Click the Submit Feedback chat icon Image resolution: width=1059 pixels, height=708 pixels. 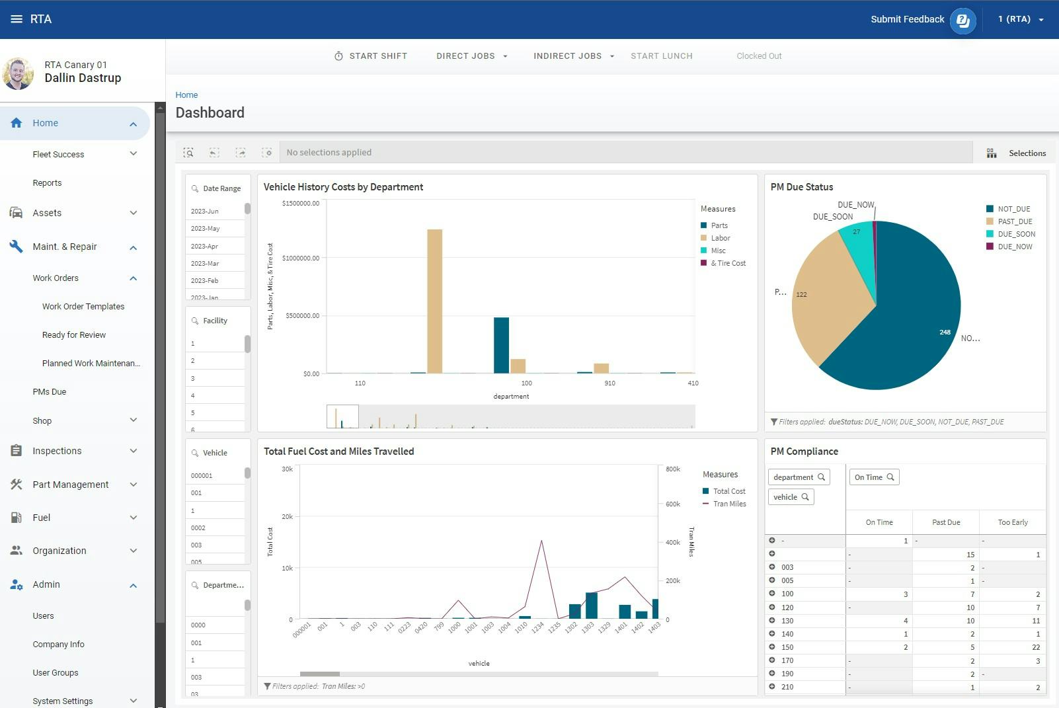pyautogui.click(x=962, y=20)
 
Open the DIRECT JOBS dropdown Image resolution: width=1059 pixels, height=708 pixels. pyautogui.click(x=471, y=56)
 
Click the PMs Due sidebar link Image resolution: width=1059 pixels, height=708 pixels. pyautogui.click(x=50, y=392)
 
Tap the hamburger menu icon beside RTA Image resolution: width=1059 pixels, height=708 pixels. pyautogui.click(x=17, y=19)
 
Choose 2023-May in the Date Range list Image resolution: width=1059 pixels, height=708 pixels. pyautogui.click(x=206, y=229)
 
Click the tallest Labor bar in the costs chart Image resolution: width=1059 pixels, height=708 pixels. pyautogui.click(x=434, y=301)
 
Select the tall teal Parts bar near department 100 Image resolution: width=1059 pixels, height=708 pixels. pyautogui.click(x=501, y=345)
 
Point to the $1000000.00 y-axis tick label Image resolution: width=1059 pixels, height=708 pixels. pyautogui.click(x=301, y=258)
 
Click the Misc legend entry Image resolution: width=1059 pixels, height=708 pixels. pyautogui.click(x=718, y=251)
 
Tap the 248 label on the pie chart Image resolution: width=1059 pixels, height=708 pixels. pyautogui.click(x=945, y=333)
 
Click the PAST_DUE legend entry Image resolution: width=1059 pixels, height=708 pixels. pyautogui.click(x=1015, y=221)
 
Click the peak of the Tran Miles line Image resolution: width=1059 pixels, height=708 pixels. pyautogui.click(x=541, y=541)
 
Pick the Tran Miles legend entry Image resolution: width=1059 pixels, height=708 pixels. pyautogui.click(x=729, y=504)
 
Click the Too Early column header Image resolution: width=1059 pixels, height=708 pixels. pyautogui.click(x=1012, y=522)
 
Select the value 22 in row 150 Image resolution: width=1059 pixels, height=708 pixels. pyautogui.click(x=1035, y=647)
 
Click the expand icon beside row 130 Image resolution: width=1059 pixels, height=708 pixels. pyautogui.click(x=771, y=620)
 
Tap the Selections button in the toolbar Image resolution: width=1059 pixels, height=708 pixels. pyautogui.click(x=1016, y=153)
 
